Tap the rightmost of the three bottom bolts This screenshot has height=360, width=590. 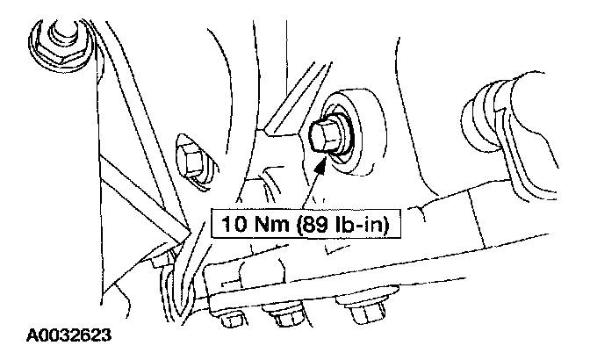click(359, 312)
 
